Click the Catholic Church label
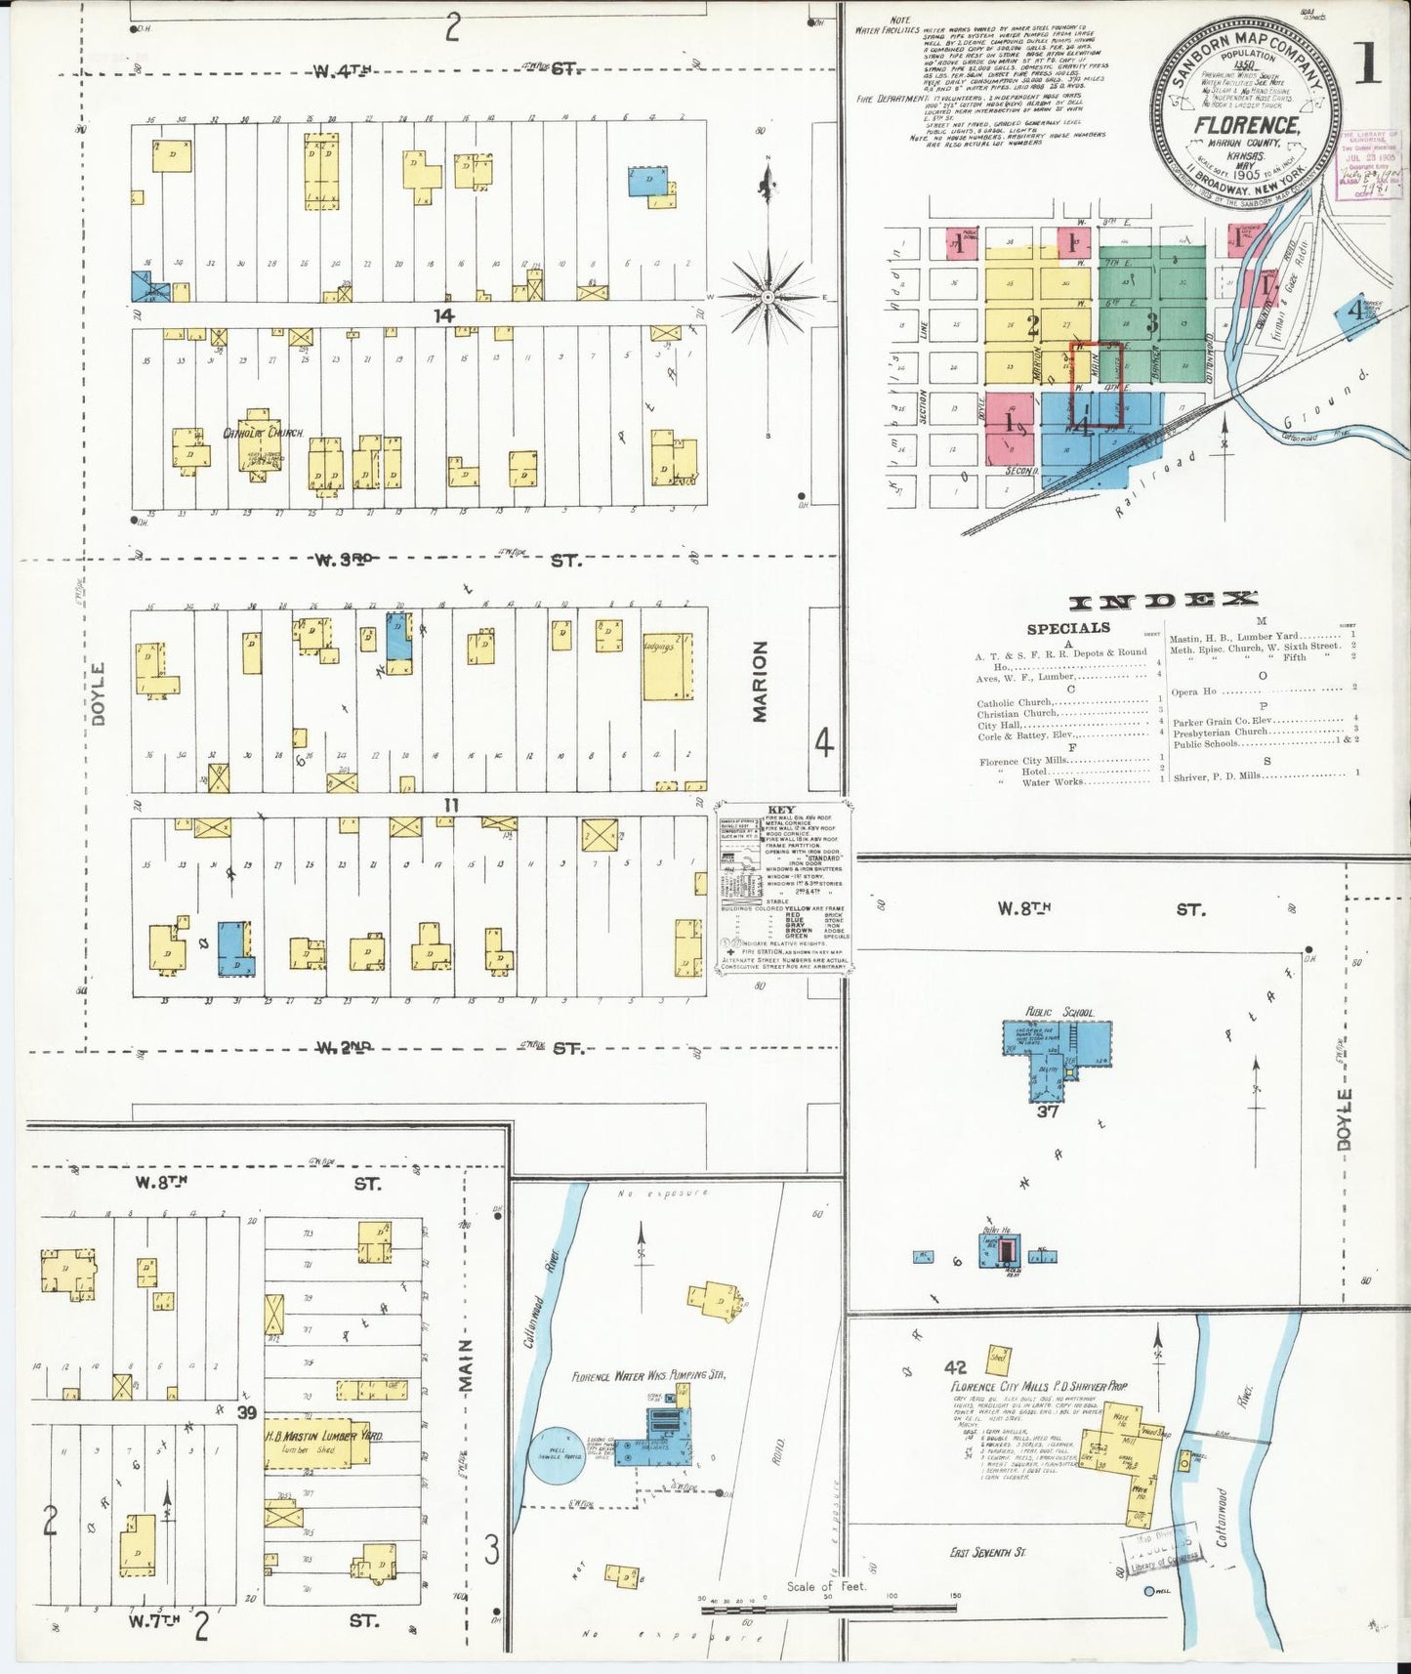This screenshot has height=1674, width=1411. point(264,433)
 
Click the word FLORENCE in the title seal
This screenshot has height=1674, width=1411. point(1245,126)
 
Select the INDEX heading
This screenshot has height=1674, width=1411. point(1163,601)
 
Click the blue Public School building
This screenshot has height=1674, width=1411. point(1057,1050)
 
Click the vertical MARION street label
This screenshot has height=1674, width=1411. point(761,681)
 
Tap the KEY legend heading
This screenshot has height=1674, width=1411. point(781,810)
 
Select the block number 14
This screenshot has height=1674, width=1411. point(445,315)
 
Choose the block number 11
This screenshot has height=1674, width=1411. point(450,806)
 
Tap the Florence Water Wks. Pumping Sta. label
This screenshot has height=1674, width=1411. point(648,1376)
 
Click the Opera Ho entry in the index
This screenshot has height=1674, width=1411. point(1193,691)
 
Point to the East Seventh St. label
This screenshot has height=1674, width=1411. point(988,1552)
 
